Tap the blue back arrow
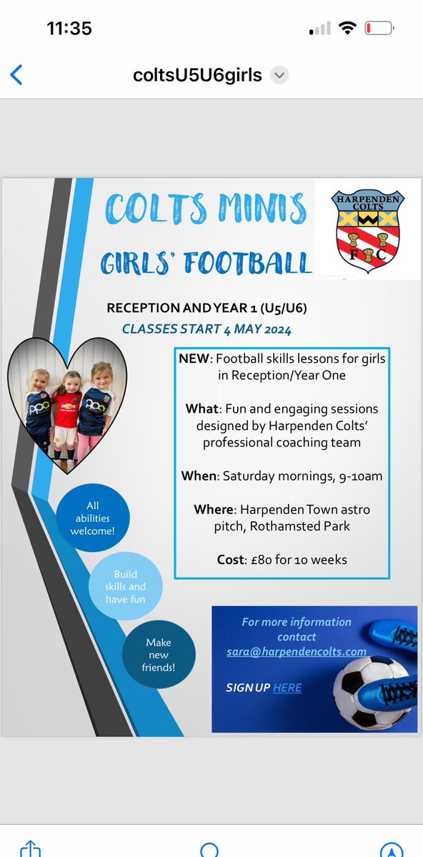coord(16,74)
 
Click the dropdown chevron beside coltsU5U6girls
coord(280,75)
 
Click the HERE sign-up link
coord(287,688)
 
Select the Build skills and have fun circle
coord(125,587)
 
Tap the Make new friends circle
coord(158,655)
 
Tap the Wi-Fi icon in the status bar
coord(348,29)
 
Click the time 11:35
coord(69,29)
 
